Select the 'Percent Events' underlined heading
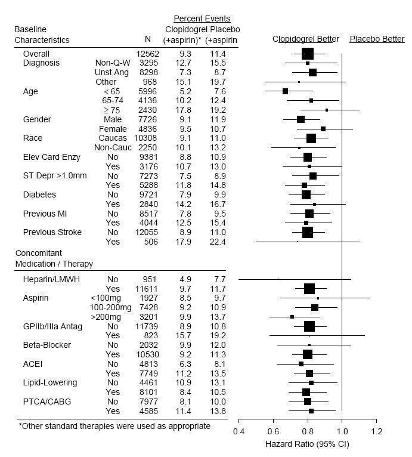pyautogui.click(x=202, y=18)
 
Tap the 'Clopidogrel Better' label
pyautogui.click(x=306, y=39)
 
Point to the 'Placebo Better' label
pyautogui.click(x=377, y=39)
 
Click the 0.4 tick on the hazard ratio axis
pyautogui.click(x=238, y=431)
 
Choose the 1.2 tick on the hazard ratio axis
pyautogui.click(x=377, y=431)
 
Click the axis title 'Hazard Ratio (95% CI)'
pyautogui.click(x=307, y=444)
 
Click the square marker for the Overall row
pyautogui.click(x=308, y=54)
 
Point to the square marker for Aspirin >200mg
pyautogui.click(x=292, y=317)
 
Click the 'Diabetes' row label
pyautogui.click(x=39, y=194)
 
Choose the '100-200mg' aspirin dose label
pyautogui.click(x=109, y=307)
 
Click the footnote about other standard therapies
pyautogui.click(x=114, y=426)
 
